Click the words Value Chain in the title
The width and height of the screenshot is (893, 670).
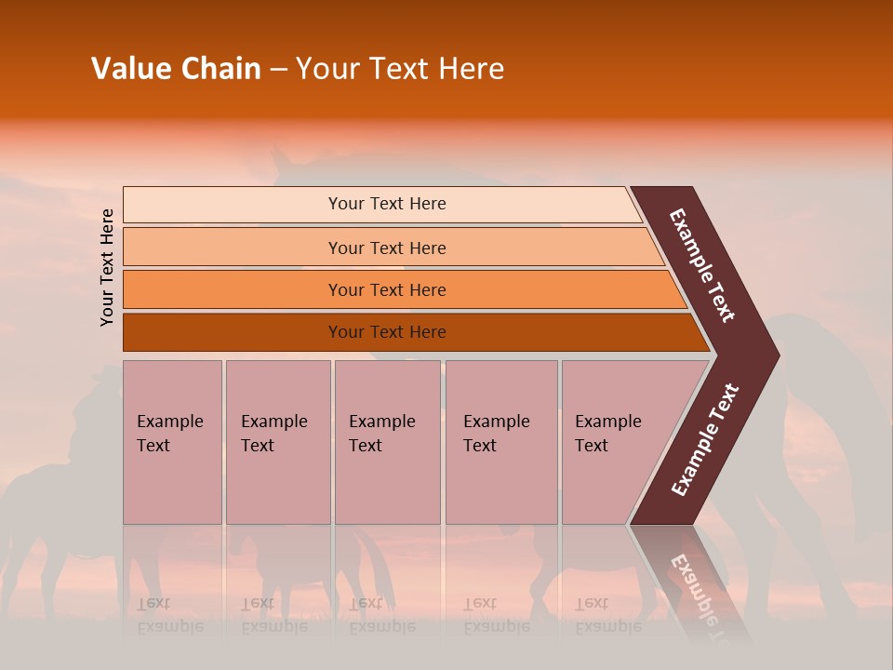tap(176, 69)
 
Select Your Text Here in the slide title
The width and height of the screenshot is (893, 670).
tap(400, 69)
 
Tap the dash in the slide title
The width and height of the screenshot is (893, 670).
tap(278, 70)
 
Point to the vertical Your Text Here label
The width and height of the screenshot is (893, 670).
tap(107, 267)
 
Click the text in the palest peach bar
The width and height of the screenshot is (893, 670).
tap(387, 204)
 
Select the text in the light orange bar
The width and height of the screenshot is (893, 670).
tap(387, 248)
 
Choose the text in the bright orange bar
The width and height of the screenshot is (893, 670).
tap(387, 289)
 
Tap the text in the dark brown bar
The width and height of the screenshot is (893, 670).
tap(387, 331)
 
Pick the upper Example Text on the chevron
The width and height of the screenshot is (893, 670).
tap(702, 265)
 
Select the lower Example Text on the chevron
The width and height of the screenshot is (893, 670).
tap(705, 440)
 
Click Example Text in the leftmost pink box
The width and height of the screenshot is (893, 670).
tap(169, 433)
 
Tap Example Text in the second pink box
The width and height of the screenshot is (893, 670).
tap(273, 433)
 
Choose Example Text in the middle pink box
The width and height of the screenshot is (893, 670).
tap(381, 433)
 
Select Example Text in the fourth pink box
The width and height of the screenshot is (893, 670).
tap(496, 433)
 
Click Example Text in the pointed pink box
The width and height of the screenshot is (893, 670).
tap(607, 433)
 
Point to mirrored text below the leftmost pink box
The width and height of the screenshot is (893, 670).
tap(169, 615)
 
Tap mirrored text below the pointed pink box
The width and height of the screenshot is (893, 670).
tap(607, 615)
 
